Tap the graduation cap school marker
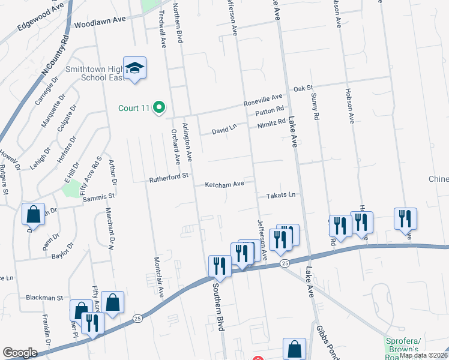pyautogui.click(x=135, y=68)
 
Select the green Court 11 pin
pyautogui.click(x=159, y=108)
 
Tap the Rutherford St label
pyautogui.click(x=169, y=178)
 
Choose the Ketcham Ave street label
pyautogui.click(x=224, y=184)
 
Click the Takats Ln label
pyautogui.click(x=282, y=196)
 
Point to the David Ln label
pyautogui.click(x=224, y=129)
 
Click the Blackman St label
pyautogui.click(x=44, y=298)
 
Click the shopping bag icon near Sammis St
pyautogui.click(x=33, y=215)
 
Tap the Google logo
pyautogui.click(x=20, y=353)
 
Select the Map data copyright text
pyautogui.click(x=424, y=355)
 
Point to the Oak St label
pyautogui.click(x=303, y=89)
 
